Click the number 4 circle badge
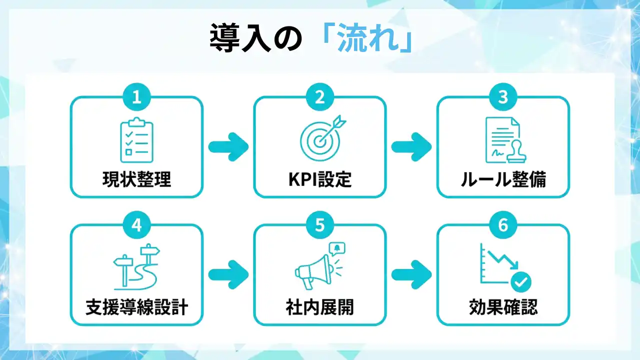(136, 225)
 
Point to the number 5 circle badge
(320, 225)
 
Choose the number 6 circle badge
(503, 225)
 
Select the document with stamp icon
(502, 139)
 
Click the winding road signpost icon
(135, 267)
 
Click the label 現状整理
(136, 179)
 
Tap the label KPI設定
(320, 179)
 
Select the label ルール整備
(503, 179)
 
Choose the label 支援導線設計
(136, 307)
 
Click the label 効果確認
(503, 307)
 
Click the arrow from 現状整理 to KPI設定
(228, 147)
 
